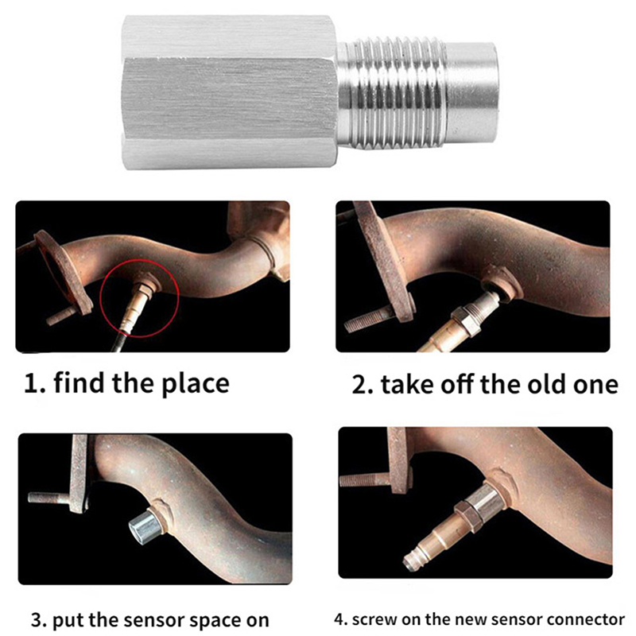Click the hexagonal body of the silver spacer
[229, 92]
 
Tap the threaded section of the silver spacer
[391, 92]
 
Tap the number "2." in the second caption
[363, 385]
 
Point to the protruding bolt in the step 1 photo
[61, 316]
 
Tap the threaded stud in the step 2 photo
[368, 320]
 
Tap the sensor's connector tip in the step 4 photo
[410, 562]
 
